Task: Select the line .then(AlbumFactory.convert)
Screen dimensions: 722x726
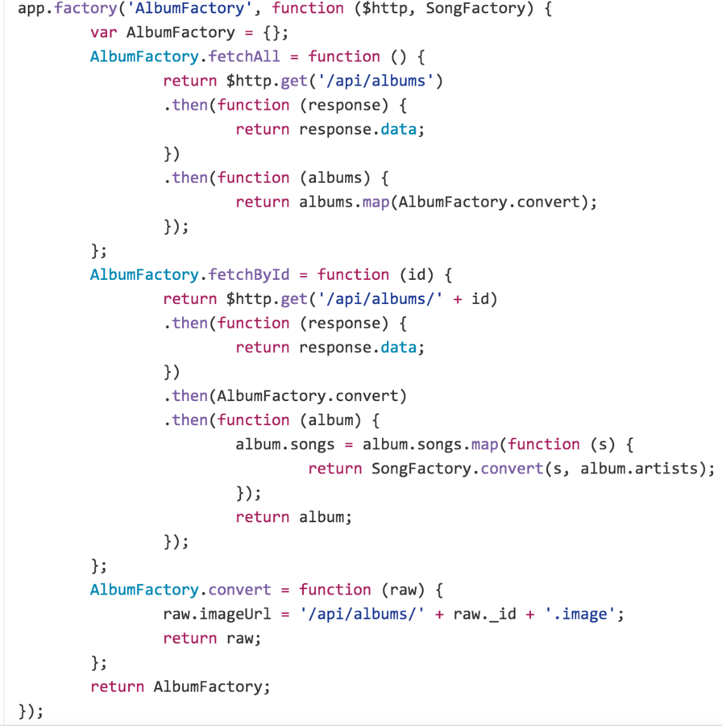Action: pyautogui.click(x=285, y=396)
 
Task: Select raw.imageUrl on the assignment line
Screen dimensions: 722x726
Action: pyautogui.click(x=217, y=614)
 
